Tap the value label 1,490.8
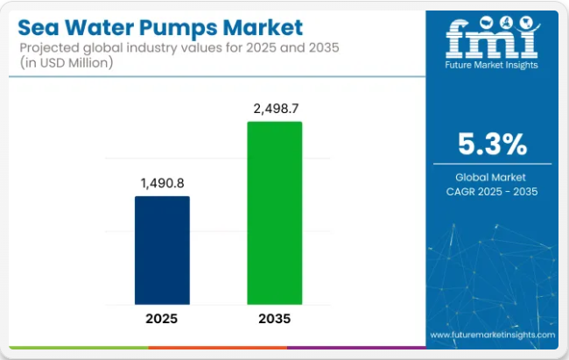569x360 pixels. click(x=162, y=182)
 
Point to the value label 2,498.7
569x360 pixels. click(x=275, y=108)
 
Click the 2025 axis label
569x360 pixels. click(x=162, y=318)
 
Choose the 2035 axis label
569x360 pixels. click(x=275, y=318)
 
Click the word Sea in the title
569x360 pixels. click(x=41, y=28)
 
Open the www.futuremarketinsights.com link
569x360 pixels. click(x=492, y=335)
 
